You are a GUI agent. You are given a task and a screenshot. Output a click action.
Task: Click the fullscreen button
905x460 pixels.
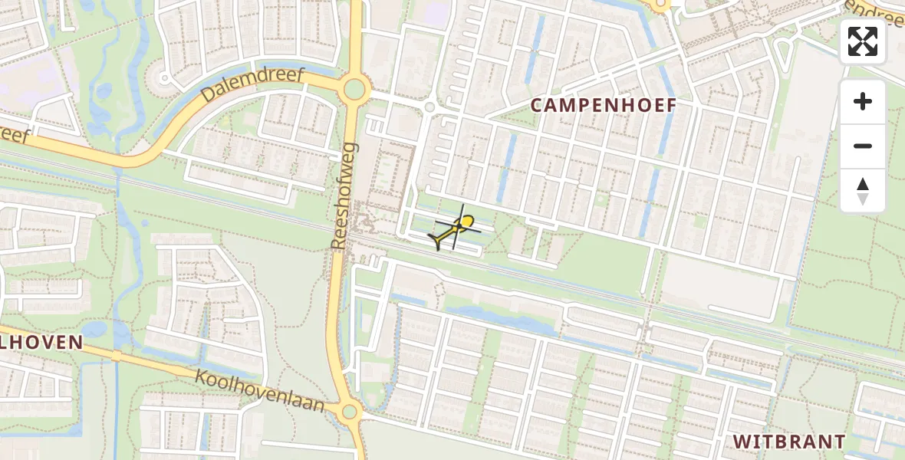[863, 41]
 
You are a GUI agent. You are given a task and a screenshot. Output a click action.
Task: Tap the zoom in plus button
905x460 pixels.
[863, 101]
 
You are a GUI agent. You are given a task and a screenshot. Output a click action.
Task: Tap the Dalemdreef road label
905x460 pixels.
[253, 86]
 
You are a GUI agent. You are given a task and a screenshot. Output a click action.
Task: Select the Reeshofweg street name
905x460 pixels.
[344, 195]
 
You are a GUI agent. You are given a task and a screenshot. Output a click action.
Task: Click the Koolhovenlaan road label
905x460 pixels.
[260, 391]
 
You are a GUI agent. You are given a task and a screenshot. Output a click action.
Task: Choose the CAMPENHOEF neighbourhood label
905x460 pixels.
[604, 106]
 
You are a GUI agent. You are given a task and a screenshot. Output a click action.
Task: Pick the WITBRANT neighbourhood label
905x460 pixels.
[789, 442]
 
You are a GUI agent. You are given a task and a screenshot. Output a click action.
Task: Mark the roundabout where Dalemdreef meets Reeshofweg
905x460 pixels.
[354, 90]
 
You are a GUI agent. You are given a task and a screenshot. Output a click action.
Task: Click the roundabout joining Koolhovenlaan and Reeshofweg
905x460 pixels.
[350, 412]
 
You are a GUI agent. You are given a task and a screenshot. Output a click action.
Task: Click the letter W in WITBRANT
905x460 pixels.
[741, 442]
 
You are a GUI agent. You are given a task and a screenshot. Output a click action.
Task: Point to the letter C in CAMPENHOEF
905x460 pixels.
[538, 106]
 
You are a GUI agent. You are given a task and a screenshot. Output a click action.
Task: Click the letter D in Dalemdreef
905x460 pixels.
[208, 99]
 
